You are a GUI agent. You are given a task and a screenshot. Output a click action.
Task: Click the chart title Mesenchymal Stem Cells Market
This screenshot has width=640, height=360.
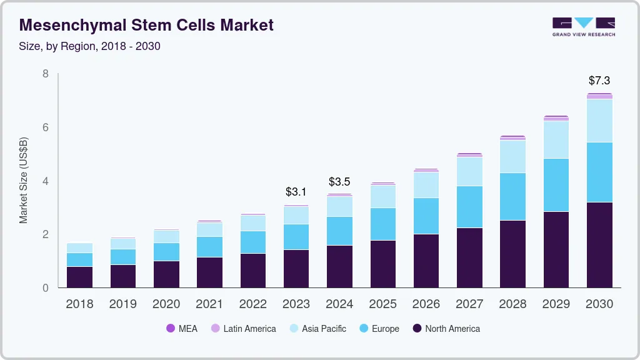146,25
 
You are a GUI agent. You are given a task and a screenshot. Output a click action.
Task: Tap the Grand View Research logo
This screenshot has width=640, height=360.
583,27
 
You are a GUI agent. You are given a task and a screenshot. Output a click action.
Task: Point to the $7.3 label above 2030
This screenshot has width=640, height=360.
599,81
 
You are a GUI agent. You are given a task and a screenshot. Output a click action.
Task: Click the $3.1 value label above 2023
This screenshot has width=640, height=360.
296,191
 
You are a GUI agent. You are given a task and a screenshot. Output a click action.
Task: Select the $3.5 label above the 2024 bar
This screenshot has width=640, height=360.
339,182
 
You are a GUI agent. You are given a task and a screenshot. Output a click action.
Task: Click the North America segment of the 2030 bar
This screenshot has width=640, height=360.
599,245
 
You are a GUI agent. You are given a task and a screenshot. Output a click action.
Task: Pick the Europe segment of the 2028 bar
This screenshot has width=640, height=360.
512,196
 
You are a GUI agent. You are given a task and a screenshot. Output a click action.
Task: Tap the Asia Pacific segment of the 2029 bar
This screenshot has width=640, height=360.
556,139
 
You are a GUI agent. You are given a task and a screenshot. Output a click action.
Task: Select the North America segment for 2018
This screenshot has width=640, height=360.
79,277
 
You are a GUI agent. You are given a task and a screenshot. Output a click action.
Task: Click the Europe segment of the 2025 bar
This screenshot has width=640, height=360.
382,224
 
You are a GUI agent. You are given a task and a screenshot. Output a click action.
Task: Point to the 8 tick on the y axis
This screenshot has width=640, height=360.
46,74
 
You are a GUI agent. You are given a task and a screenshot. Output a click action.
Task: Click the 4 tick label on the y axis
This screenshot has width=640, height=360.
46,181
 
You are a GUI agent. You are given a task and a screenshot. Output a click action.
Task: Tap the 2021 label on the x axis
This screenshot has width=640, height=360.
209,304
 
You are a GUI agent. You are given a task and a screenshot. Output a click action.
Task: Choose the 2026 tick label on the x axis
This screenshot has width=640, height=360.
426,304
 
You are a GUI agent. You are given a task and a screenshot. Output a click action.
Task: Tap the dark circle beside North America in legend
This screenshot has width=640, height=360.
417,329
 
